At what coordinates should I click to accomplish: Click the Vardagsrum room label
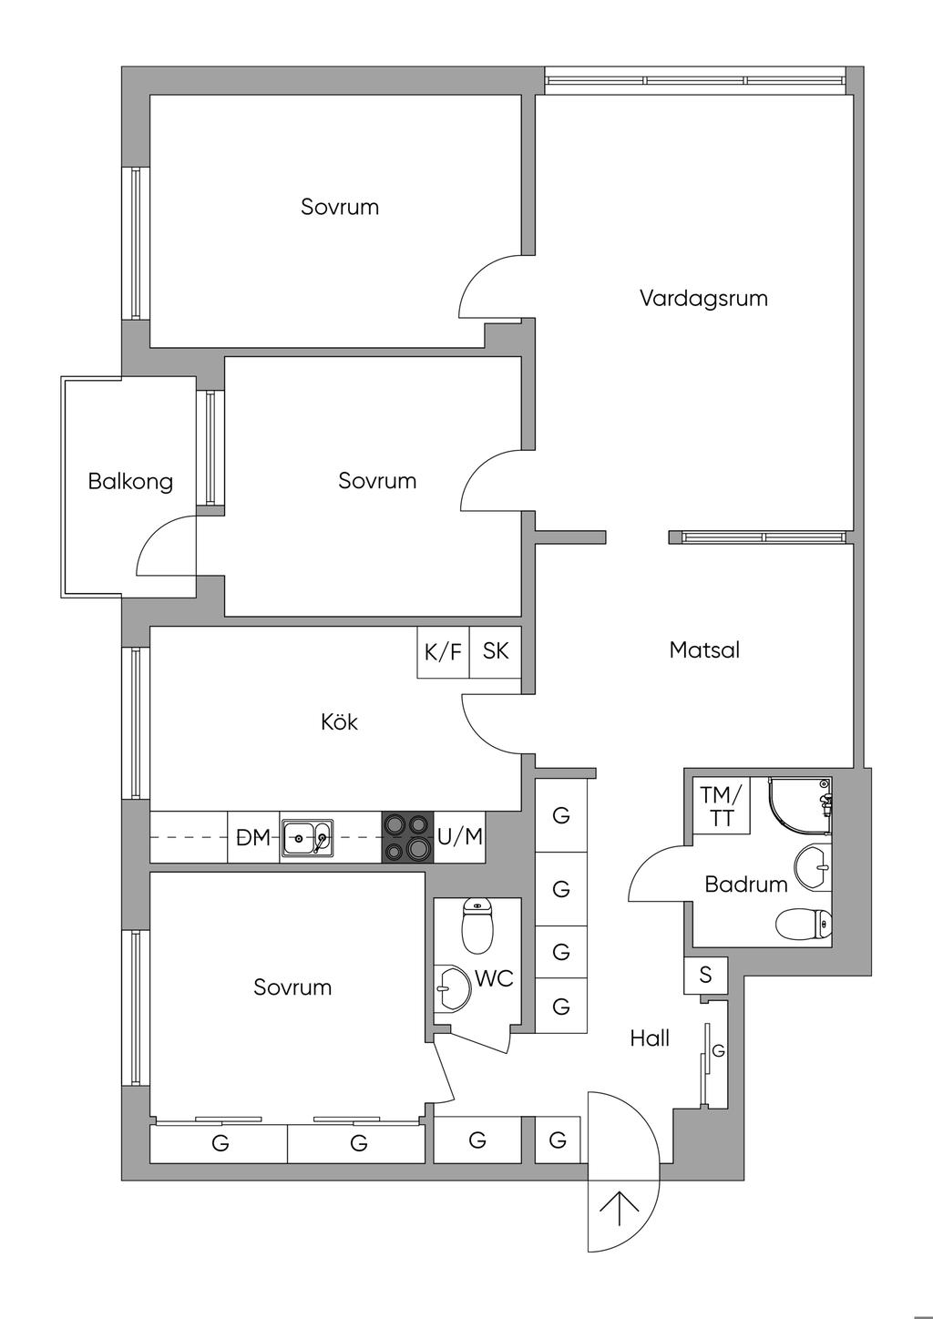pyautogui.click(x=704, y=299)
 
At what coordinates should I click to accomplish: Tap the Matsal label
pyautogui.click(x=704, y=650)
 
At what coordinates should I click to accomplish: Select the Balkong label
pyautogui.click(x=131, y=482)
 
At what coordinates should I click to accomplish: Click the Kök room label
pyautogui.click(x=339, y=721)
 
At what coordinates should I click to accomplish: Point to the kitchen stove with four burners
pyautogui.click(x=407, y=837)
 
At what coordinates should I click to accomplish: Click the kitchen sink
pyautogui.click(x=307, y=837)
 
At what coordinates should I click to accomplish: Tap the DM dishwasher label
pyautogui.click(x=253, y=837)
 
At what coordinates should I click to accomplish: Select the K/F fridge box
pyautogui.click(x=444, y=652)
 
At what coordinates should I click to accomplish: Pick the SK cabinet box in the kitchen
pyautogui.click(x=496, y=652)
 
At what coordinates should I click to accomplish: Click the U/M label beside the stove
pyautogui.click(x=460, y=836)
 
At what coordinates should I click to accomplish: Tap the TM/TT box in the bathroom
pyautogui.click(x=722, y=806)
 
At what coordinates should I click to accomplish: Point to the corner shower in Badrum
pyautogui.click(x=800, y=806)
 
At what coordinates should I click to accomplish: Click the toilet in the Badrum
pyautogui.click(x=804, y=924)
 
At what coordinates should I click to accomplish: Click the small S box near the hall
pyautogui.click(x=705, y=975)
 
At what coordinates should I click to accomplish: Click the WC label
pyautogui.click(x=494, y=978)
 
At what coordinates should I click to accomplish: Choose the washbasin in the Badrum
pyautogui.click(x=813, y=865)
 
